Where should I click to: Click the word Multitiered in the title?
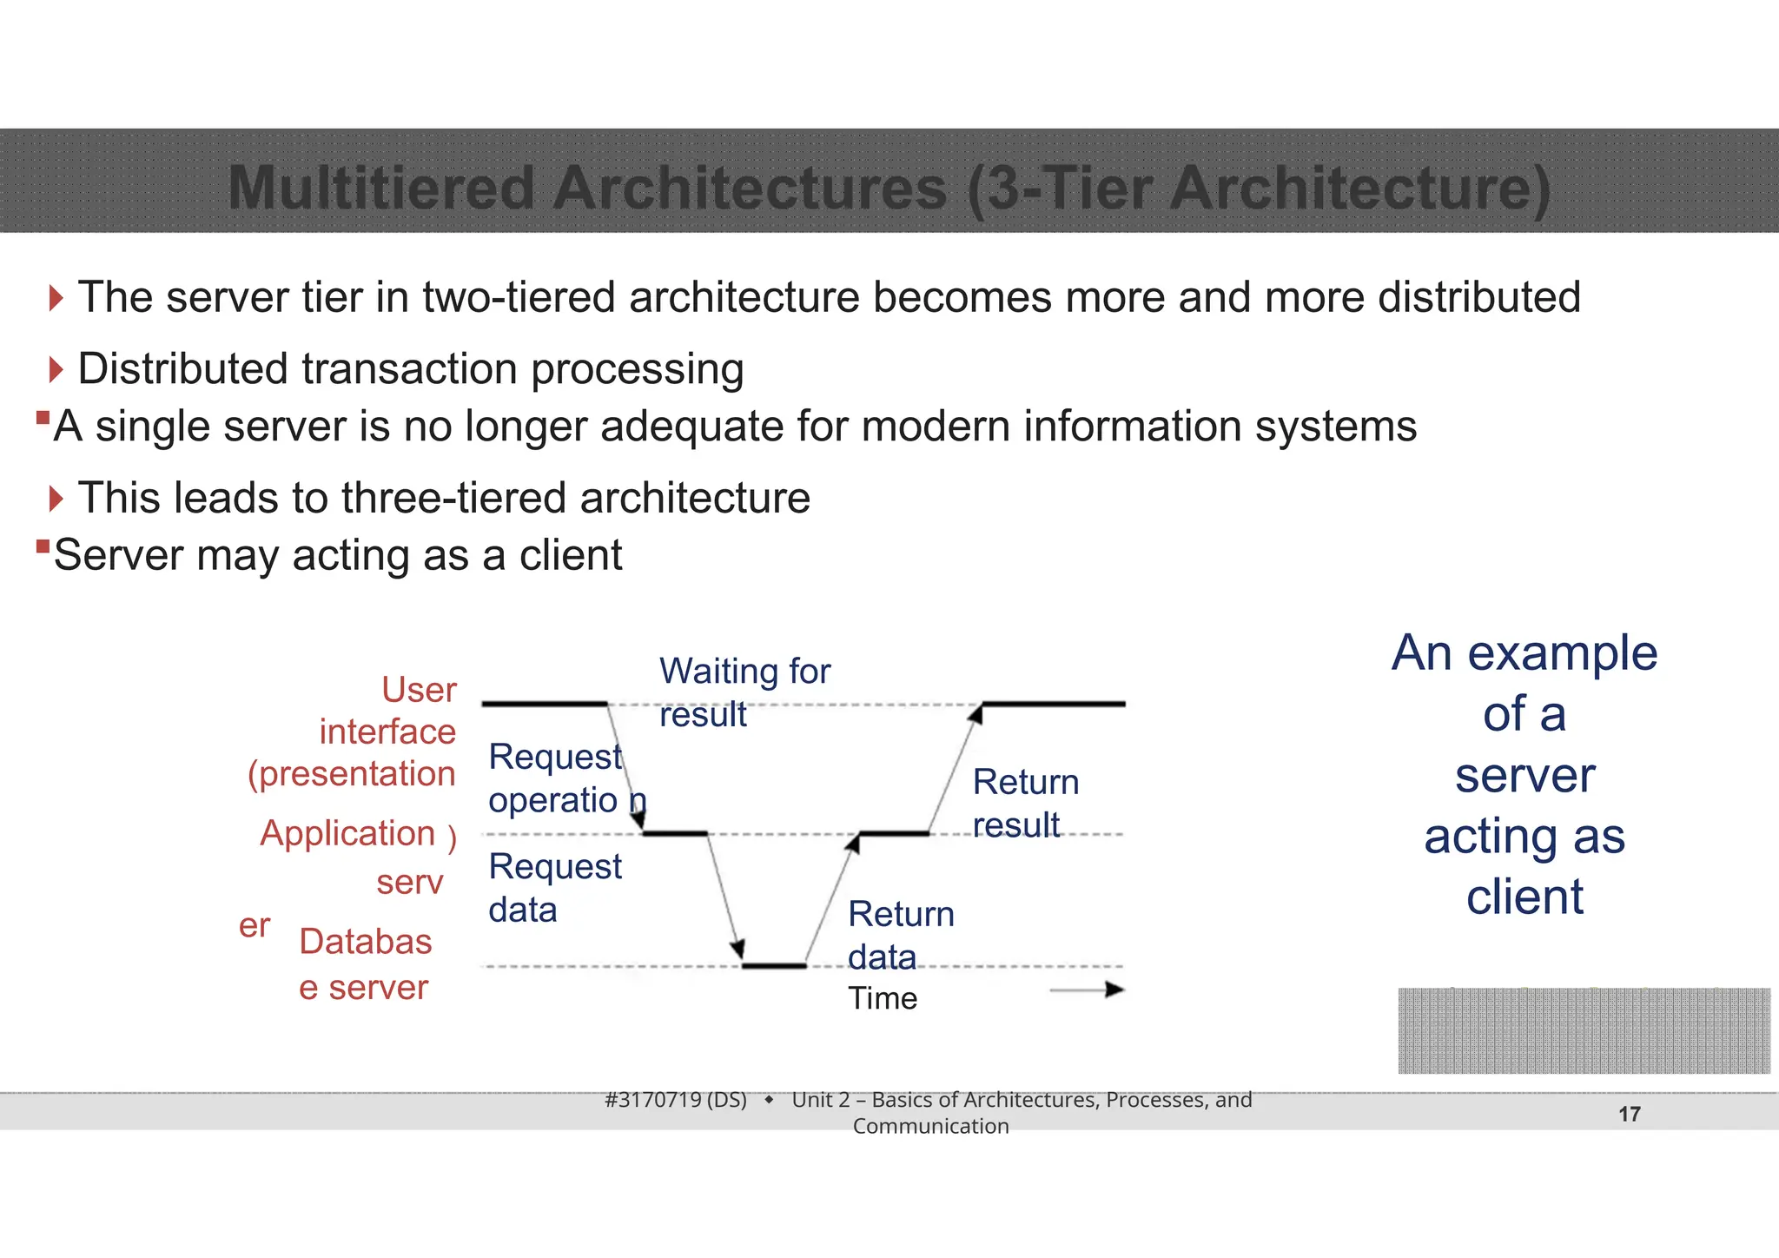380,188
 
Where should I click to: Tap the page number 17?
1629,1114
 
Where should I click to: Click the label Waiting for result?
744,692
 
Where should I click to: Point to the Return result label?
1025,804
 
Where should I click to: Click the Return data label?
900,936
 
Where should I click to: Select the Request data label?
554,888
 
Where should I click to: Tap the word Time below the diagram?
882,998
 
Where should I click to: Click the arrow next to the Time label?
1088,990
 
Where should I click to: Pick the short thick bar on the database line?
774,965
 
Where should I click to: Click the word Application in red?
347,833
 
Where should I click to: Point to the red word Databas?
365,942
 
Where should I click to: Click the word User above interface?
419,690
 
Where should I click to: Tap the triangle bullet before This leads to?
56,499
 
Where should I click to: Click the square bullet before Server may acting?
43,546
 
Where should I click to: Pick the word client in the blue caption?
1524,897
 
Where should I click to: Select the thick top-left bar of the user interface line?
545,703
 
